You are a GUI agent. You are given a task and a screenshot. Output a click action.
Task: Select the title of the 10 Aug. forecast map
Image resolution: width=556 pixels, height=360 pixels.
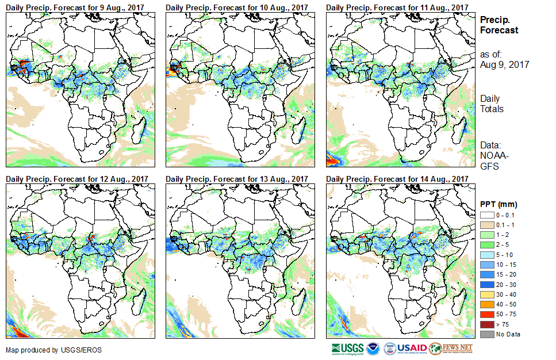point(237,7)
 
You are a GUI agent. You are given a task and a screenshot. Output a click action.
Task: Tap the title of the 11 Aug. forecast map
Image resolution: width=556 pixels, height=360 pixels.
point(397,7)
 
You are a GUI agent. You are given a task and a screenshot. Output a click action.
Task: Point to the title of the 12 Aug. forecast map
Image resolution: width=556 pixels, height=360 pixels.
point(77,179)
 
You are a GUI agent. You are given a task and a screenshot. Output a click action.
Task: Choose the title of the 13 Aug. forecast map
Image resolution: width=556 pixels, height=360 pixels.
point(237,179)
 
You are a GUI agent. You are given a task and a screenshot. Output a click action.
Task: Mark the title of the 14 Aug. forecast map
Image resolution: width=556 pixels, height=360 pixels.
point(397,179)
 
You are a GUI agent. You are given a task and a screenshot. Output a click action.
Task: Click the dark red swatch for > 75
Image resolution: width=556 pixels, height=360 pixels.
point(488,325)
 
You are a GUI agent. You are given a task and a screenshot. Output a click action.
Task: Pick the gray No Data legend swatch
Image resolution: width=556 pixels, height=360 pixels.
point(488,334)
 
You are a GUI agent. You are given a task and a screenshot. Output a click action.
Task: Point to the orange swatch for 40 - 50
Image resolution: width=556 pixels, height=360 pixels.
point(488,307)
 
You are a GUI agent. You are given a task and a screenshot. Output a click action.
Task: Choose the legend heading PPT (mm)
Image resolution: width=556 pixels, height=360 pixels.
point(499,205)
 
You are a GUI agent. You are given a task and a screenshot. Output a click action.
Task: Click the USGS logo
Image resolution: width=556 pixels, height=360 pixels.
point(347,348)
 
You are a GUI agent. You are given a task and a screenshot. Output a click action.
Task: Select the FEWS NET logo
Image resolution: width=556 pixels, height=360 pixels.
point(452,348)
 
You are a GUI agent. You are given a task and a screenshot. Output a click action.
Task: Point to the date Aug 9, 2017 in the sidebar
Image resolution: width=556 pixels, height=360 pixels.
point(504,64)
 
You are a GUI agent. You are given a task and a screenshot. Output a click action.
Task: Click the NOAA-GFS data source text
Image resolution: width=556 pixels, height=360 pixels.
point(490,161)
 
